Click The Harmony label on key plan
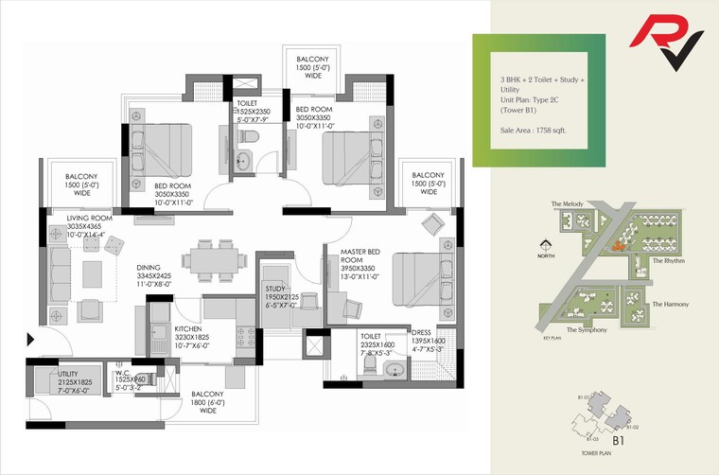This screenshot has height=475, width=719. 670,304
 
